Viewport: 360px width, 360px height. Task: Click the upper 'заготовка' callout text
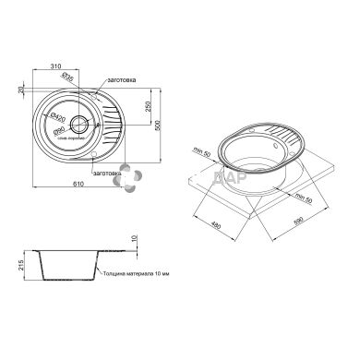(x=122, y=81)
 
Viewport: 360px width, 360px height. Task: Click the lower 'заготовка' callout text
(x=109, y=173)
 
